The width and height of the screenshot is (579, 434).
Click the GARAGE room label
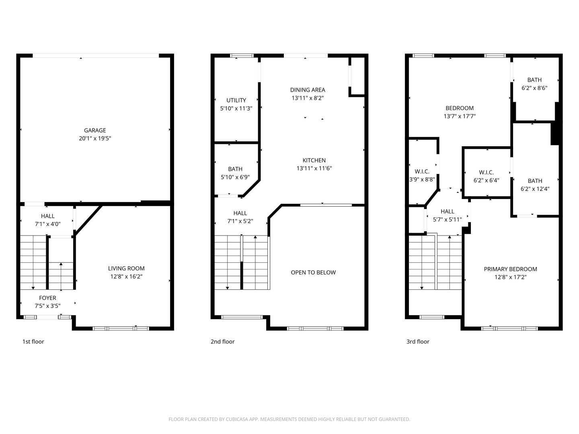point(95,130)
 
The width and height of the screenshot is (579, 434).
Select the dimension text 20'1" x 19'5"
point(95,139)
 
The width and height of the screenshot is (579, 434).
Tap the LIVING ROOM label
point(126,268)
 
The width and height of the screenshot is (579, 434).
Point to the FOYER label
point(47,298)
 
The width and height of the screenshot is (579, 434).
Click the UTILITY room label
point(236,100)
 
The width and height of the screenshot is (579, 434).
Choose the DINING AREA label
point(308,90)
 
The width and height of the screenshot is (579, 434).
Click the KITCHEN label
point(314,160)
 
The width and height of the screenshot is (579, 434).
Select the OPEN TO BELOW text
point(313,272)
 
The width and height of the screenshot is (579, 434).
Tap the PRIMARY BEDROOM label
point(510,269)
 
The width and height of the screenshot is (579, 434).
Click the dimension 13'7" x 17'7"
point(459,117)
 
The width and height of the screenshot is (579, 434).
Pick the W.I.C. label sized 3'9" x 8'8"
point(422,172)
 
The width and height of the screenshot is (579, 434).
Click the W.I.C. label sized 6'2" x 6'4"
point(486,172)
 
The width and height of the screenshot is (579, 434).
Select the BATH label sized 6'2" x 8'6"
point(534,80)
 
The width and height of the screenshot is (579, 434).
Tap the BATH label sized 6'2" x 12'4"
point(535,181)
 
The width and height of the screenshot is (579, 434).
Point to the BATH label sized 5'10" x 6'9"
point(235,169)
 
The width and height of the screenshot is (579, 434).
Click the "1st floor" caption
point(33,342)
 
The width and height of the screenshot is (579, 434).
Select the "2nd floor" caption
point(222,342)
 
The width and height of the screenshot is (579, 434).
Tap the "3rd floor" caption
point(418,342)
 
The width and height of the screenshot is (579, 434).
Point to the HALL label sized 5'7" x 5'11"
point(447,211)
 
